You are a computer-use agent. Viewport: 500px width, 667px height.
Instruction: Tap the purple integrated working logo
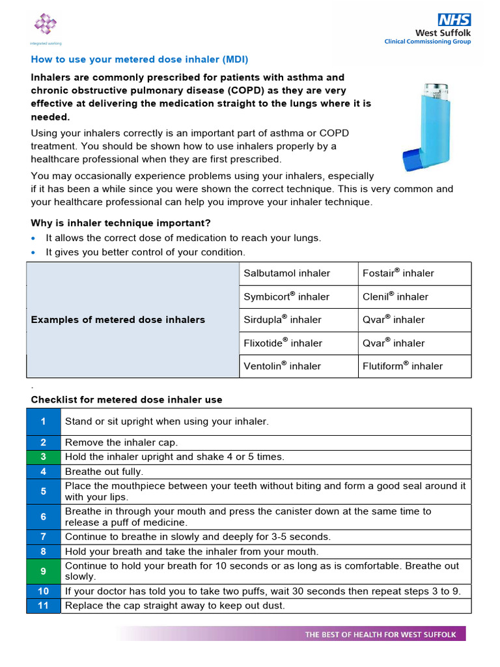45,25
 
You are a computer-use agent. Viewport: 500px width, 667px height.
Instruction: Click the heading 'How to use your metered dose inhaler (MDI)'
140,59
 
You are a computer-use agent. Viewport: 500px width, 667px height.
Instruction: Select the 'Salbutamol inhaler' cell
286,274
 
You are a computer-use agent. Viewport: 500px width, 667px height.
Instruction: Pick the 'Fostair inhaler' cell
398,274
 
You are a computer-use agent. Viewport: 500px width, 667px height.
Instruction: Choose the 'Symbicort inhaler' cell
286,297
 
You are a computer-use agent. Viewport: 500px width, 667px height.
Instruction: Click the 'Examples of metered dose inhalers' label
118,320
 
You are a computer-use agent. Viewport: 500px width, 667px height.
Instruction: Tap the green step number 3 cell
43,457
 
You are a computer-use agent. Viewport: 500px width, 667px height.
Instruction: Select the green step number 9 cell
43,571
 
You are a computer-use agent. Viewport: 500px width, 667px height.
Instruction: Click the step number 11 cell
43,606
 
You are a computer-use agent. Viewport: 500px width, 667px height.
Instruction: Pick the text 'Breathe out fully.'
104,472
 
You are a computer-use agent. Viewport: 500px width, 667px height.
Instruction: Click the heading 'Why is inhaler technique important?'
121,223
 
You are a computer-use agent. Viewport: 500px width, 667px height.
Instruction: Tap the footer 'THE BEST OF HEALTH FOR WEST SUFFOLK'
381,634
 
